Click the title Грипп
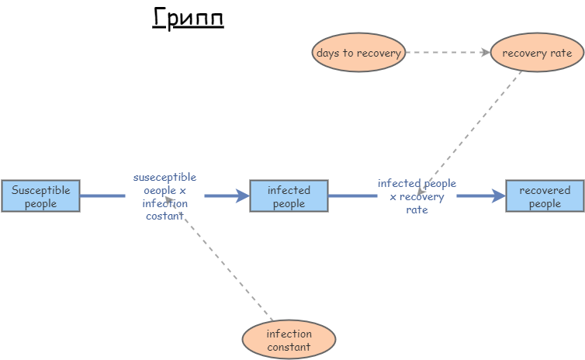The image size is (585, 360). [188, 18]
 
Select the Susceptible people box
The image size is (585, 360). [40, 196]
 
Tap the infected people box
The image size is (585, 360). [289, 196]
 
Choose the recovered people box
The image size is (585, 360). [545, 196]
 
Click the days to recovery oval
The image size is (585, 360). [358, 53]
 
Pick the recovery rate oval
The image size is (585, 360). [537, 53]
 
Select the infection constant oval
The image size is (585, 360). [289, 340]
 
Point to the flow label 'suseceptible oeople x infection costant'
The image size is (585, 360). [164, 196]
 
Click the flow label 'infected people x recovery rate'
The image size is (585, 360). [417, 196]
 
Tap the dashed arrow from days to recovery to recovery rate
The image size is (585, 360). [446, 53]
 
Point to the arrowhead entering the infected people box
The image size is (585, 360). [243, 196]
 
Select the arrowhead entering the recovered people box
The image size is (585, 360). [499, 196]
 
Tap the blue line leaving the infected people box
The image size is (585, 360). [351, 196]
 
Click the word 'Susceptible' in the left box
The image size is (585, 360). [40, 190]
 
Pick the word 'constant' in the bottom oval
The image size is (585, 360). [289, 347]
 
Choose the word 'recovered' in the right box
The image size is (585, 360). [545, 190]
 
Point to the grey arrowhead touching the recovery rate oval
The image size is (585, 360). [486, 53]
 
